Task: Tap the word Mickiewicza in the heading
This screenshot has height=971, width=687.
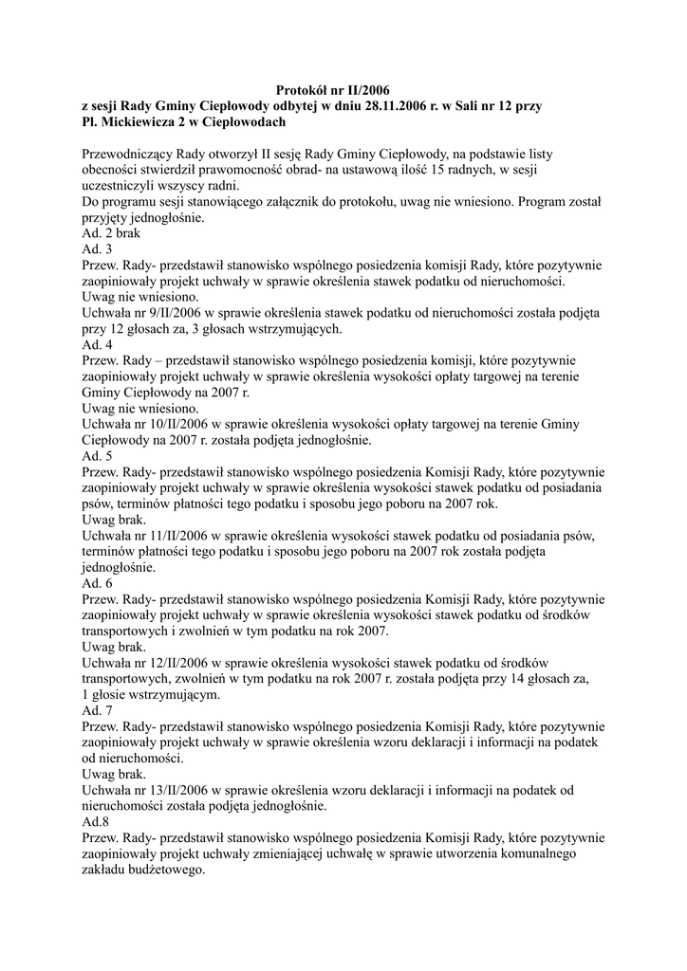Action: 144,122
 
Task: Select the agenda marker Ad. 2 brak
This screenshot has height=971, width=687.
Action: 111,233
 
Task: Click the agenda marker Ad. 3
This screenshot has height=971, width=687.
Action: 97,249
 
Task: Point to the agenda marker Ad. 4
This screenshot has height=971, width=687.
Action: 97,344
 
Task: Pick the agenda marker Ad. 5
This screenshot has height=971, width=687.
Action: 97,456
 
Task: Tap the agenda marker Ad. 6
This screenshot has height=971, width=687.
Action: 97,583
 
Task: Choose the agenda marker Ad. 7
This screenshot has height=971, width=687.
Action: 97,710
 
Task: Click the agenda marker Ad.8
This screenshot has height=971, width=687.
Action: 96,822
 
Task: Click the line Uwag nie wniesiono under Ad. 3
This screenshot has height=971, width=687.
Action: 140,297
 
